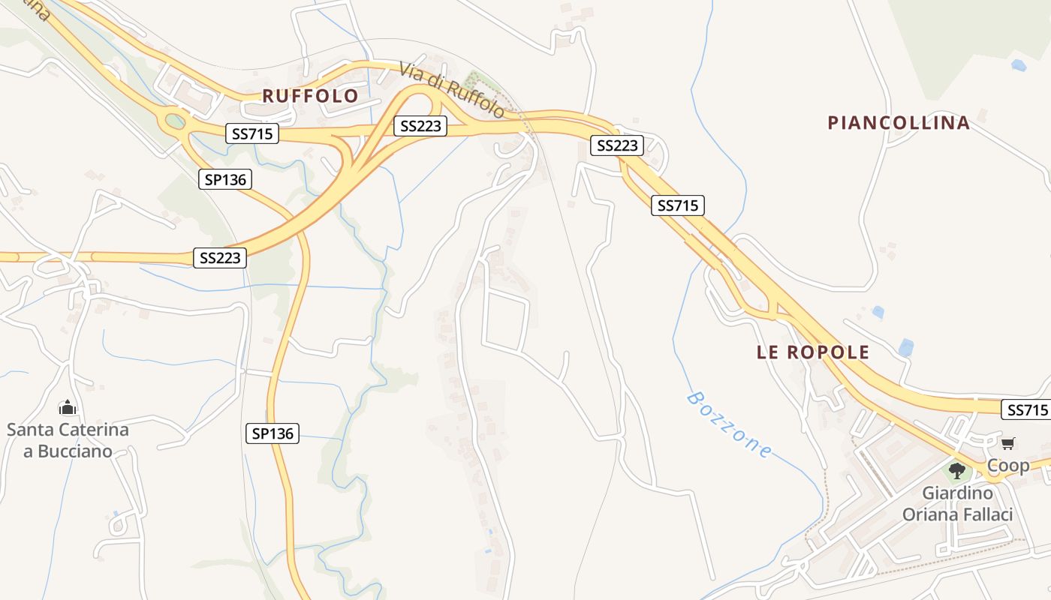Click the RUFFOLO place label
pyautogui.click(x=310, y=96)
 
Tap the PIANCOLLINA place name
pyautogui.click(x=899, y=122)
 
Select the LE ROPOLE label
pyautogui.click(x=813, y=352)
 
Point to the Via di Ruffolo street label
pyautogui.click(x=452, y=90)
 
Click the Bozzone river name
pyautogui.click(x=728, y=425)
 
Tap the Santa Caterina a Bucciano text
pyautogui.click(x=68, y=440)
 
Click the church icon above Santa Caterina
pyautogui.click(x=68, y=408)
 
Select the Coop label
pyautogui.click(x=1008, y=466)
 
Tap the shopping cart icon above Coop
pyautogui.click(x=1007, y=444)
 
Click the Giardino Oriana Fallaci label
pyautogui.click(x=957, y=504)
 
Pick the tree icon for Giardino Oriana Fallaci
pyautogui.click(x=957, y=471)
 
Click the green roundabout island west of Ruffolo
pyautogui.click(x=175, y=121)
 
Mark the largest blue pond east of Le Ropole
pyautogui.click(x=906, y=347)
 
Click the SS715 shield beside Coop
pyautogui.click(x=1026, y=409)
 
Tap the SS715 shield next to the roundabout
pyautogui.click(x=252, y=134)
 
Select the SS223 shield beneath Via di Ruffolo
pyautogui.click(x=420, y=126)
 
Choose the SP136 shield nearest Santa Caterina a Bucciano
pyautogui.click(x=273, y=433)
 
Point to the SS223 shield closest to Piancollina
pyautogui.click(x=617, y=145)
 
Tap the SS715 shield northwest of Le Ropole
pyautogui.click(x=678, y=205)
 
